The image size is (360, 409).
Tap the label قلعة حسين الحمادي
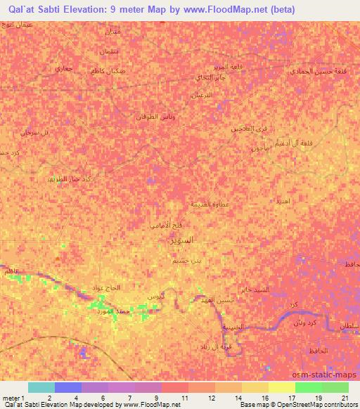(318, 71)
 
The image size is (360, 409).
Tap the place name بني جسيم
(186, 261)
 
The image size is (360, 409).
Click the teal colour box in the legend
(41, 387)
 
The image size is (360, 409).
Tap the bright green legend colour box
(308, 387)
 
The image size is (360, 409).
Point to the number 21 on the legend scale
(345, 398)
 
